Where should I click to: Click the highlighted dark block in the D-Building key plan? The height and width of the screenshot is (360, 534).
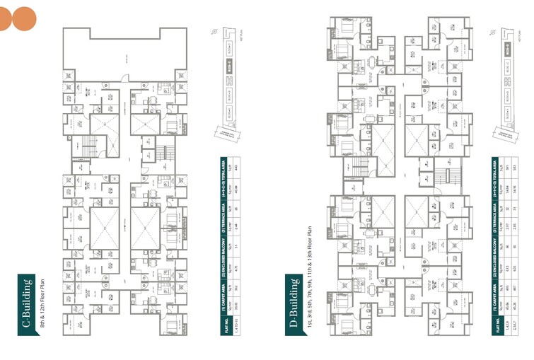508,50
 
